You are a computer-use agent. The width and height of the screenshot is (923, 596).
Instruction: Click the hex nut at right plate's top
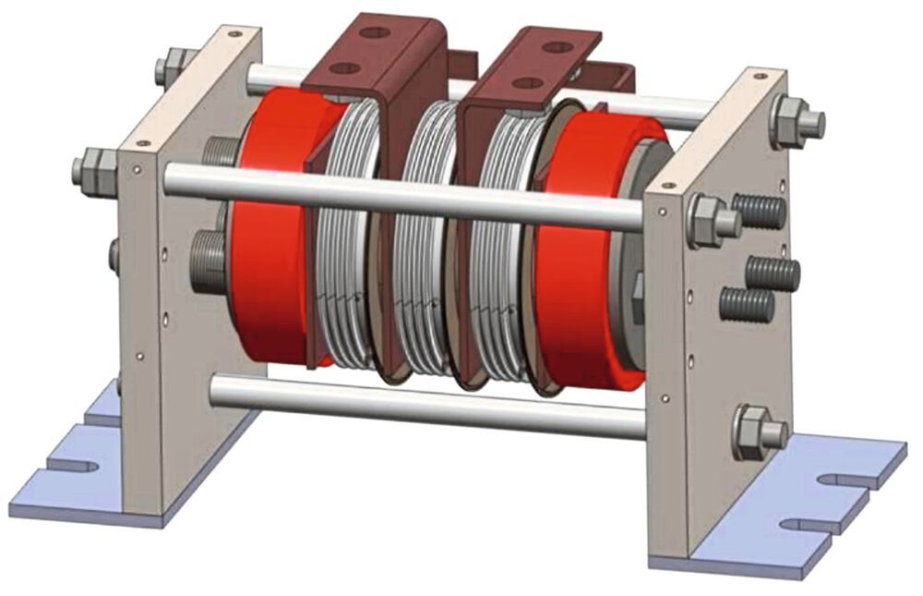[792, 121]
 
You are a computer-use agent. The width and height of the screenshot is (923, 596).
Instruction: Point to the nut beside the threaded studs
[710, 221]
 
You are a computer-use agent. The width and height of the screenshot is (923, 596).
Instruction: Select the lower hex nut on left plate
[93, 171]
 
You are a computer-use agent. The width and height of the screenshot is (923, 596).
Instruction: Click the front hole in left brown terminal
[343, 68]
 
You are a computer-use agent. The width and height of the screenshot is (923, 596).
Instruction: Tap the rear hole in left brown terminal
[374, 32]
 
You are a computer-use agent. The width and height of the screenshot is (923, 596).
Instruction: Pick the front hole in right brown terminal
[527, 83]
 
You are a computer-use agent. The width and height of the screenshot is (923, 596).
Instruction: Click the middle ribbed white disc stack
[424, 240]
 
